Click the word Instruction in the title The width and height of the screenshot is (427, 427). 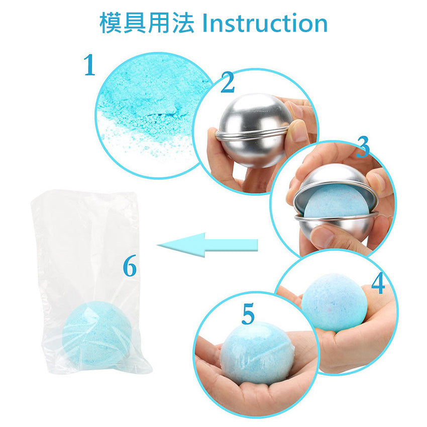pyautogui.click(x=265, y=24)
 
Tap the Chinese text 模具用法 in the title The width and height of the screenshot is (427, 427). pyautogui.click(x=147, y=23)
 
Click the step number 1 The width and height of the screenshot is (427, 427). pyautogui.click(x=89, y=65)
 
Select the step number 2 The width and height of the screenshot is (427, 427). pyautogui.click(x=228, y=82)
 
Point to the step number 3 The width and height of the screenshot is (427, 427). pyautogui.click(x=363, y=147)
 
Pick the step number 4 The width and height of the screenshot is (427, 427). pyautogui.click(x=378, y=283)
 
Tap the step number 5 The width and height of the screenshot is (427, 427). pyautogui.click(x=248, y=314)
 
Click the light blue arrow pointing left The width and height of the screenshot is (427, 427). pyautogui.click(x=207, y=245)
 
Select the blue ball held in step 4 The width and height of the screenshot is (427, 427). pyautogui.click(x=335, y=302)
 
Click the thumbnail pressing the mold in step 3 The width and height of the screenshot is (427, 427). pyautogui.click(x=323, y=235)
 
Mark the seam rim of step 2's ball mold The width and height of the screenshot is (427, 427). pyautogui.click(x=252, y=135)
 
